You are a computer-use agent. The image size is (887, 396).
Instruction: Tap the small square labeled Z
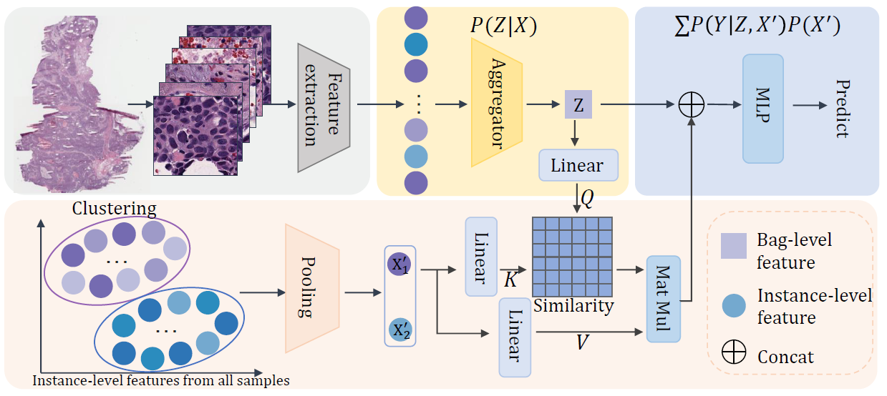(x=578, y=105)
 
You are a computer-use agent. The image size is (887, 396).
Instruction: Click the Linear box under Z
(x=576, y=166)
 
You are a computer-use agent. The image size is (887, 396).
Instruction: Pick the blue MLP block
(x=763, y=108)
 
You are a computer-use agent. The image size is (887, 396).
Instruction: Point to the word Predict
(x=841, y=109)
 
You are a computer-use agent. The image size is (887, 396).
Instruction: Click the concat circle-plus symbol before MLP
(x=692, y=106)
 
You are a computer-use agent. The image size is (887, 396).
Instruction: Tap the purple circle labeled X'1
(x=399, y=264)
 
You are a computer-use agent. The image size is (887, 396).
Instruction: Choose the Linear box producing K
(x=480, y=257)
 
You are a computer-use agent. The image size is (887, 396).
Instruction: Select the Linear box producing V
(x=514, y=337)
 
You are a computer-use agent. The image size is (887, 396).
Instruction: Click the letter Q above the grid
(x=587, y=198)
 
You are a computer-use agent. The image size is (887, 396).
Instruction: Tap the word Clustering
(x=114, y=209)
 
